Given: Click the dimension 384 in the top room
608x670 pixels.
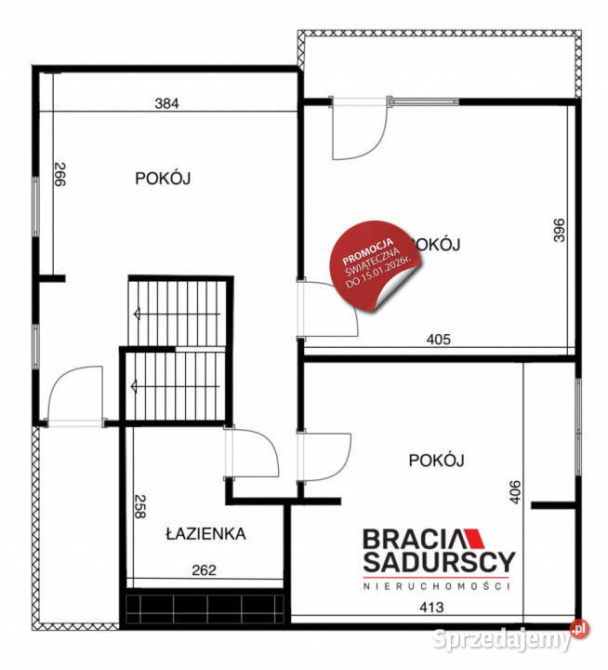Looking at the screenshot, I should [166, 103].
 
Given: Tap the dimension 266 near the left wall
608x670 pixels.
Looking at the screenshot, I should [59, 176].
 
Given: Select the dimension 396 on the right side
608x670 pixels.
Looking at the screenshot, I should [559, 230].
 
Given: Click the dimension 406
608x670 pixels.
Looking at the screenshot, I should [517, 490].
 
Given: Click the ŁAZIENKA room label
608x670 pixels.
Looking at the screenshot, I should [205, 534].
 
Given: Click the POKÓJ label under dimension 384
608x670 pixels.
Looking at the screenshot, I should [163, 178].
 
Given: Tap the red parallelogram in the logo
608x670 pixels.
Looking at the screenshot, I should [472, 538].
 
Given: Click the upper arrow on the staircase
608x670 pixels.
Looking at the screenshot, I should [138, 314].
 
